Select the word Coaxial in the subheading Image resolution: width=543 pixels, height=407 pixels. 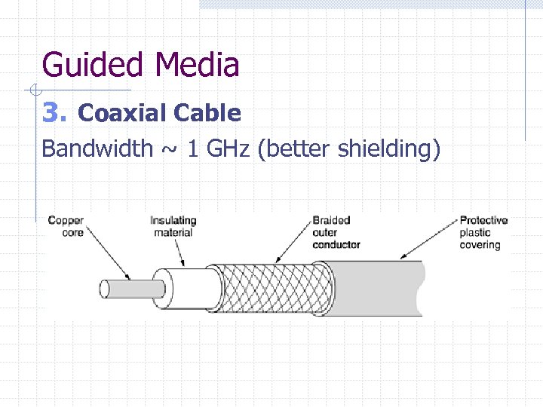(122, 113)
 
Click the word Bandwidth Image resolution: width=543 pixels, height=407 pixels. (97, 148)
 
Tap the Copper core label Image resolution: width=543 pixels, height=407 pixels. (66, 226)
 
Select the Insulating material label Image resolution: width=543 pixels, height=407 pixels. (173, 226)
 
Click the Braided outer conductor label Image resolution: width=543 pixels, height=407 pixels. (336, 232)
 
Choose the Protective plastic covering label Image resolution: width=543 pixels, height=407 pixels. (483, 232)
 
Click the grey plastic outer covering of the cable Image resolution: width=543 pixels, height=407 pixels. (377, 289)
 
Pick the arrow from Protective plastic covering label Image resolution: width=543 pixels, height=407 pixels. (430, 240)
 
